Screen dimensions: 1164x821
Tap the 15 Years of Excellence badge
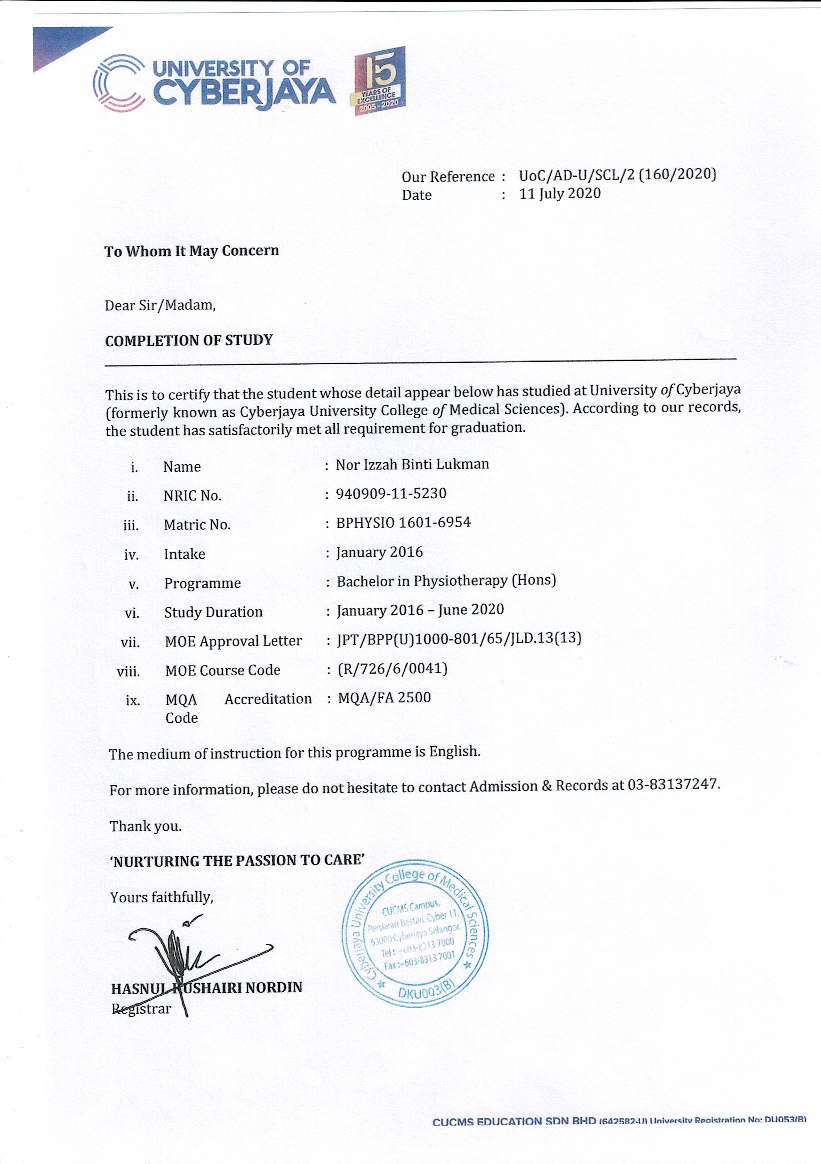[x=379, y=81]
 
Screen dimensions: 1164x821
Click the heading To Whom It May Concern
[x=192, y=251]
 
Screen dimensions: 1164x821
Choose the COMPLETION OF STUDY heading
[x=189, y=340]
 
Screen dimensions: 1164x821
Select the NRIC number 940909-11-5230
[x=391, y=493]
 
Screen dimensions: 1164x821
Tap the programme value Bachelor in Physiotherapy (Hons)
[x=446, y=580]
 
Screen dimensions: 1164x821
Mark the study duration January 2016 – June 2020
[x=420, y=610]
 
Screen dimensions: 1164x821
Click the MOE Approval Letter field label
[x=233, y=641]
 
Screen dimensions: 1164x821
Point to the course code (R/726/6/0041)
[x=393, y=669]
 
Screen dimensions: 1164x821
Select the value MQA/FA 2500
[x=384, y=698]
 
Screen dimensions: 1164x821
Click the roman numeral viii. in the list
[x=128, y=672]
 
